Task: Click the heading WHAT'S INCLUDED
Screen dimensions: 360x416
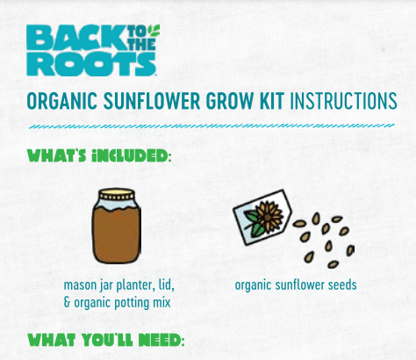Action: coord(98,157)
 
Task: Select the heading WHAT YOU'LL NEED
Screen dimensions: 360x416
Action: coord(103,339)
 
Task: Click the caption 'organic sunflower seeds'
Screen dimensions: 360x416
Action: coord(296,285)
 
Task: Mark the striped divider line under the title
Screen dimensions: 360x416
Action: coord(208,126)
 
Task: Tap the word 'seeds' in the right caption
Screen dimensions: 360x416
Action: coord(341,285)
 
